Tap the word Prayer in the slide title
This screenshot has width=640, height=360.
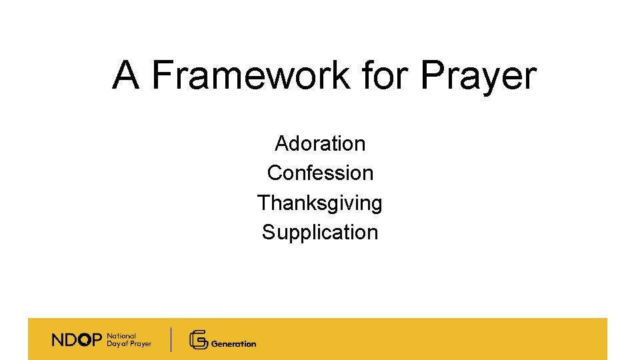(478, 76)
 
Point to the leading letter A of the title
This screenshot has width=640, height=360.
(126, 75)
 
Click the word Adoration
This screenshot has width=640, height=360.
(320, 143)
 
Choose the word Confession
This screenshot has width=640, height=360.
(320, 173)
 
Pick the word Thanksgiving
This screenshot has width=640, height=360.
(320, 203)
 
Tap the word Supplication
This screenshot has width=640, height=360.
(320, 233)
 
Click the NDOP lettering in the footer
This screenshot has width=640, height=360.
(77, 340)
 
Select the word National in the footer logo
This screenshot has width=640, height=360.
(121, 336)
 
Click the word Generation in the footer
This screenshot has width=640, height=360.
(233, 344)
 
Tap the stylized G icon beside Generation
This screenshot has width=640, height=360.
(198, 340)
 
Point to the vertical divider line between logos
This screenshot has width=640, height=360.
(171, 339)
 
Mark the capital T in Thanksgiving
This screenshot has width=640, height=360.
(263, 202)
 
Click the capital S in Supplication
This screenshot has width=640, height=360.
(268, 232)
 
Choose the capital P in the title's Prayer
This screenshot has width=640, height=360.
(431, 75)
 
